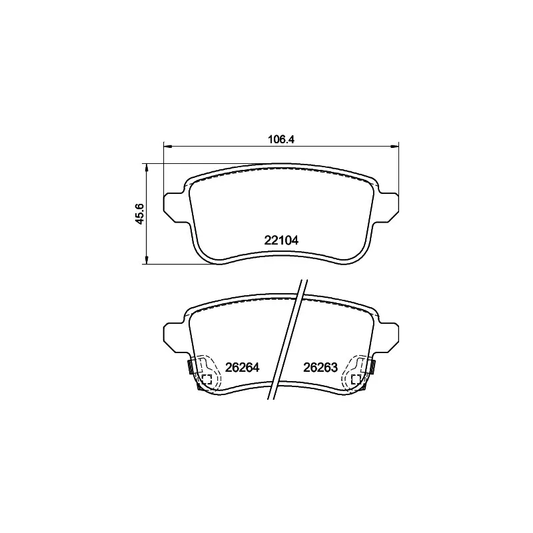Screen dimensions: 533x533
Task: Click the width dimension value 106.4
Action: point(280,139)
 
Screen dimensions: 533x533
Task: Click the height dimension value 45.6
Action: point(140,213)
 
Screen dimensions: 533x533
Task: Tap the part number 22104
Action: point(281,241)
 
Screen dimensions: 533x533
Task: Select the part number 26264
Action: point(243,368)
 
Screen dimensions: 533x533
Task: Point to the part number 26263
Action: point(320,368)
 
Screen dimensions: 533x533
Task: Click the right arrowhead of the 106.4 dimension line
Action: point(394,147)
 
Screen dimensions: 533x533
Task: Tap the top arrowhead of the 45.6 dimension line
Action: point(147,168)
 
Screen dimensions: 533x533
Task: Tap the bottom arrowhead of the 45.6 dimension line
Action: point(147,259)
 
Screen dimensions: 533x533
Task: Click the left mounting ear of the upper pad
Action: point(175,208)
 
